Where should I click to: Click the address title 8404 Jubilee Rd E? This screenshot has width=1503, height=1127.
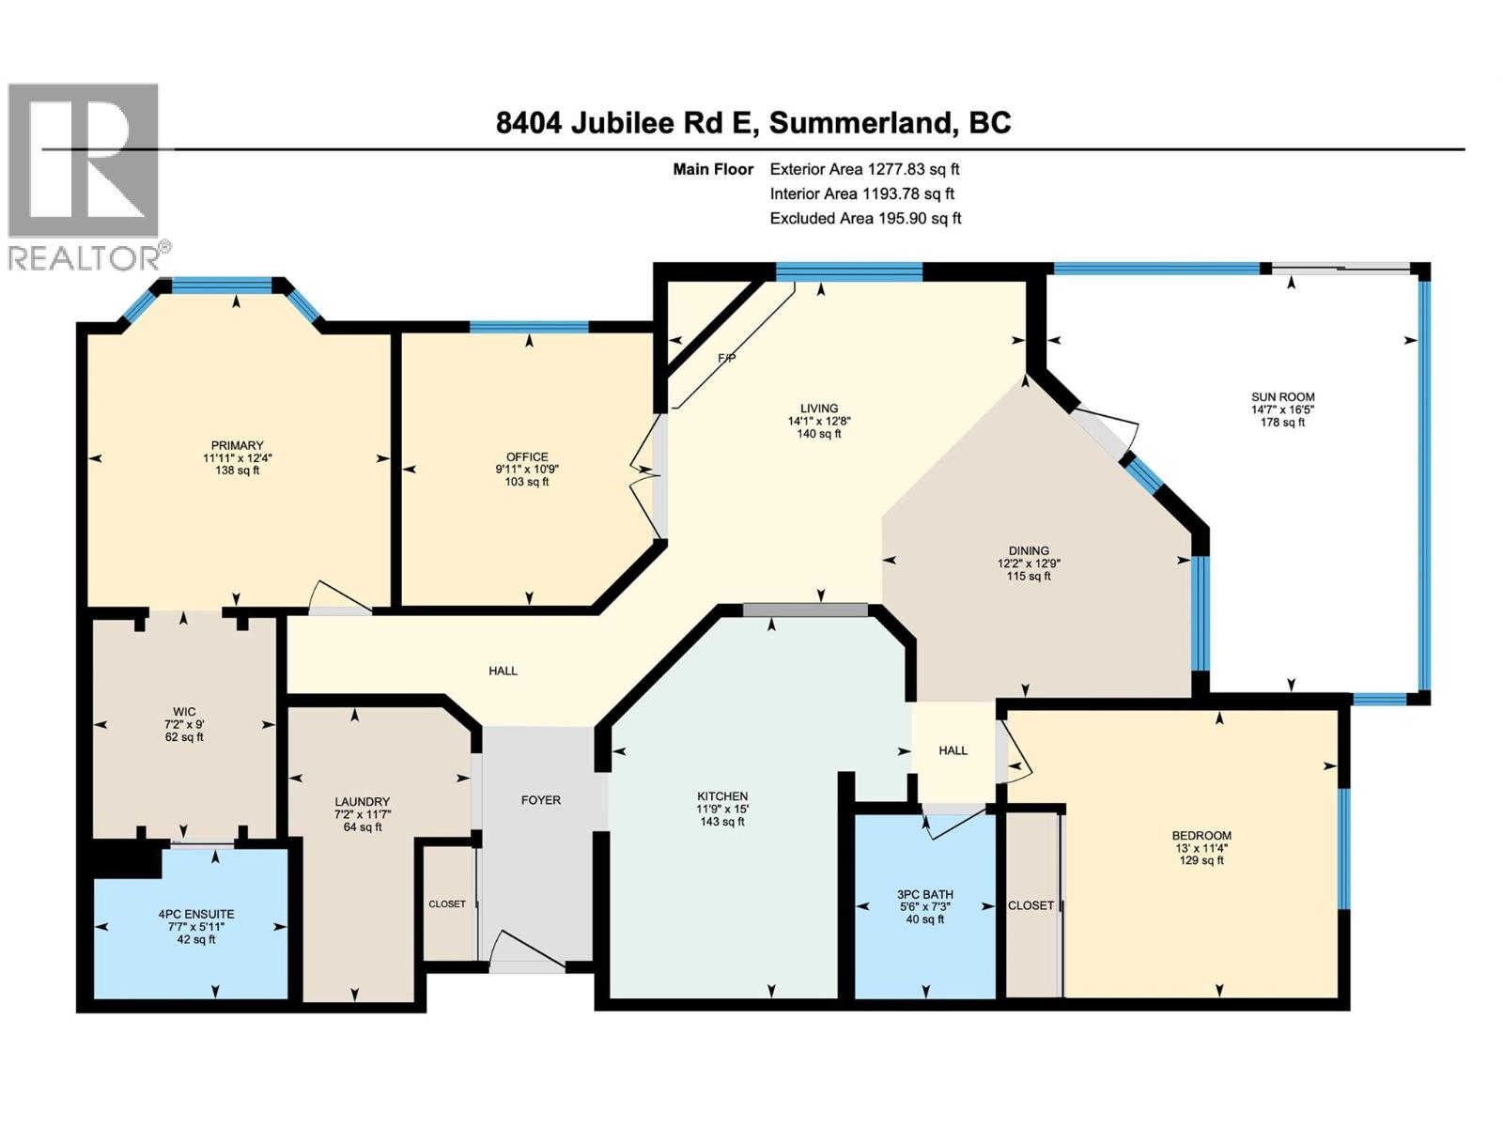click(752, 123)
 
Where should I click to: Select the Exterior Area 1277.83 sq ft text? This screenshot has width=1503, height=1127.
click(863, 170)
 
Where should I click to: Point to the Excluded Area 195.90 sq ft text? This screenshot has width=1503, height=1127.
click(865, 219)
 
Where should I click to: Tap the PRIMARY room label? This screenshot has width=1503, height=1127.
click(237, 445)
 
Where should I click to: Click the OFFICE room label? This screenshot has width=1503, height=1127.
click(527, 457)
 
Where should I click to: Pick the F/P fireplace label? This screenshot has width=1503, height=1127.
click(726, 359)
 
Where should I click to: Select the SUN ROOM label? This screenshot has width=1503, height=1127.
click(1282, 397)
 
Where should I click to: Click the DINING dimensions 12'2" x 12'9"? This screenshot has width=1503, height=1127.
click(1029, 563)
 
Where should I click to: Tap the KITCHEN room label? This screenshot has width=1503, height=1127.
click(721, 796)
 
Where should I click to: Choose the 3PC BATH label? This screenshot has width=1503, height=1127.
click(925, 895)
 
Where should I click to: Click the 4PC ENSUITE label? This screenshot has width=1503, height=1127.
click(196, 914)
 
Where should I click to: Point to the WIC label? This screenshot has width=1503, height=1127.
click(184, 712)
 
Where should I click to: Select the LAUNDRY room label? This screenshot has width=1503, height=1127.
click(362, 802)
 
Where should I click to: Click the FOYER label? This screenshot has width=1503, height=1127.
click(540, 800)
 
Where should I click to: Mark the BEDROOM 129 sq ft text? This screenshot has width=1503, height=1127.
click(1201, 860)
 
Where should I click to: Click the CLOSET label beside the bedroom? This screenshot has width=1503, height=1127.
click(1030, 905)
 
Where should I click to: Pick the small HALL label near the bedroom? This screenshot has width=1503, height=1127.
click(953, 750)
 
